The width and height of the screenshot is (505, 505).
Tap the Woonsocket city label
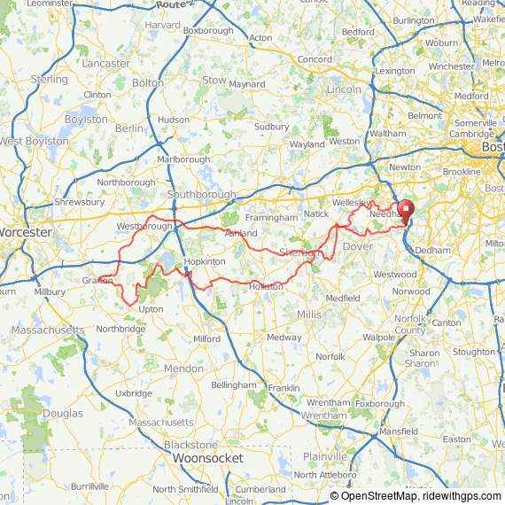click(x=207, y=458)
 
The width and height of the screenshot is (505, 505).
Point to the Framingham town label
click(x=272, y=217)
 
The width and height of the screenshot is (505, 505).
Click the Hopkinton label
click(x=205, y=262)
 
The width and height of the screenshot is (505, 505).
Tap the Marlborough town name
click(x=183, y=159)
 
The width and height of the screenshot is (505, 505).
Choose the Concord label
click(x=315, y=59)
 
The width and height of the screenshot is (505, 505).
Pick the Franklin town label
click(x=284, y=388)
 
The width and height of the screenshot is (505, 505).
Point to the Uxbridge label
click(x=134, y=392)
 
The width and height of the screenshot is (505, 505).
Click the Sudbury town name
click(x=271, y=127)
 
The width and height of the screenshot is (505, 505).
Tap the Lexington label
click(x=395, y=70)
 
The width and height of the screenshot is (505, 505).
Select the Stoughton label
click(x=473, y=352)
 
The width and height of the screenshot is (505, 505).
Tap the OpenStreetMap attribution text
click(x=386, y=496)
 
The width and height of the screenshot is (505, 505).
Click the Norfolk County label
click(x=410, y=324)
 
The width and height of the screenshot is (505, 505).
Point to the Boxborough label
click(x=208, y=30)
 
